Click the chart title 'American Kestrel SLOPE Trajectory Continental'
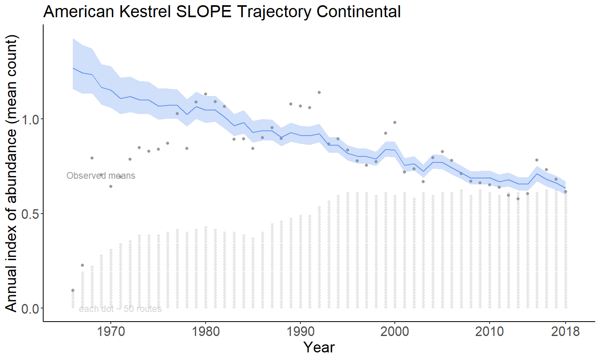click(x=222, y=12)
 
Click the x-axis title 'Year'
click(x=319, y=347)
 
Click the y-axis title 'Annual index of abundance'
click(x=11, y=173)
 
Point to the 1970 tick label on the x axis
click(x=111, y=332)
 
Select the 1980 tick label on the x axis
click(x=206, y=332)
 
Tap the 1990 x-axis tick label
click(x=300, y=332)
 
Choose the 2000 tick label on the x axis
click(x=395, y=332)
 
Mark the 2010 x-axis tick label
click(x=490, y=332)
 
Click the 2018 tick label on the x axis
click(x=565, y=332)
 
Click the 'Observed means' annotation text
click(x=101, y=176)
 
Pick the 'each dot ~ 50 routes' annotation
click(x=120, y=309)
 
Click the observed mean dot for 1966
click(x=73, y=290)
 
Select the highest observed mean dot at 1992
click(x=319, y=92)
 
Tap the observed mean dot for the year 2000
click(x=395, y=122)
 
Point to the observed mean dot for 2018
click(x=566, y=192)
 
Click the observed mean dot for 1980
click(x=206, y=94)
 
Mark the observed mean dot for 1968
click(x=92, y=158)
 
